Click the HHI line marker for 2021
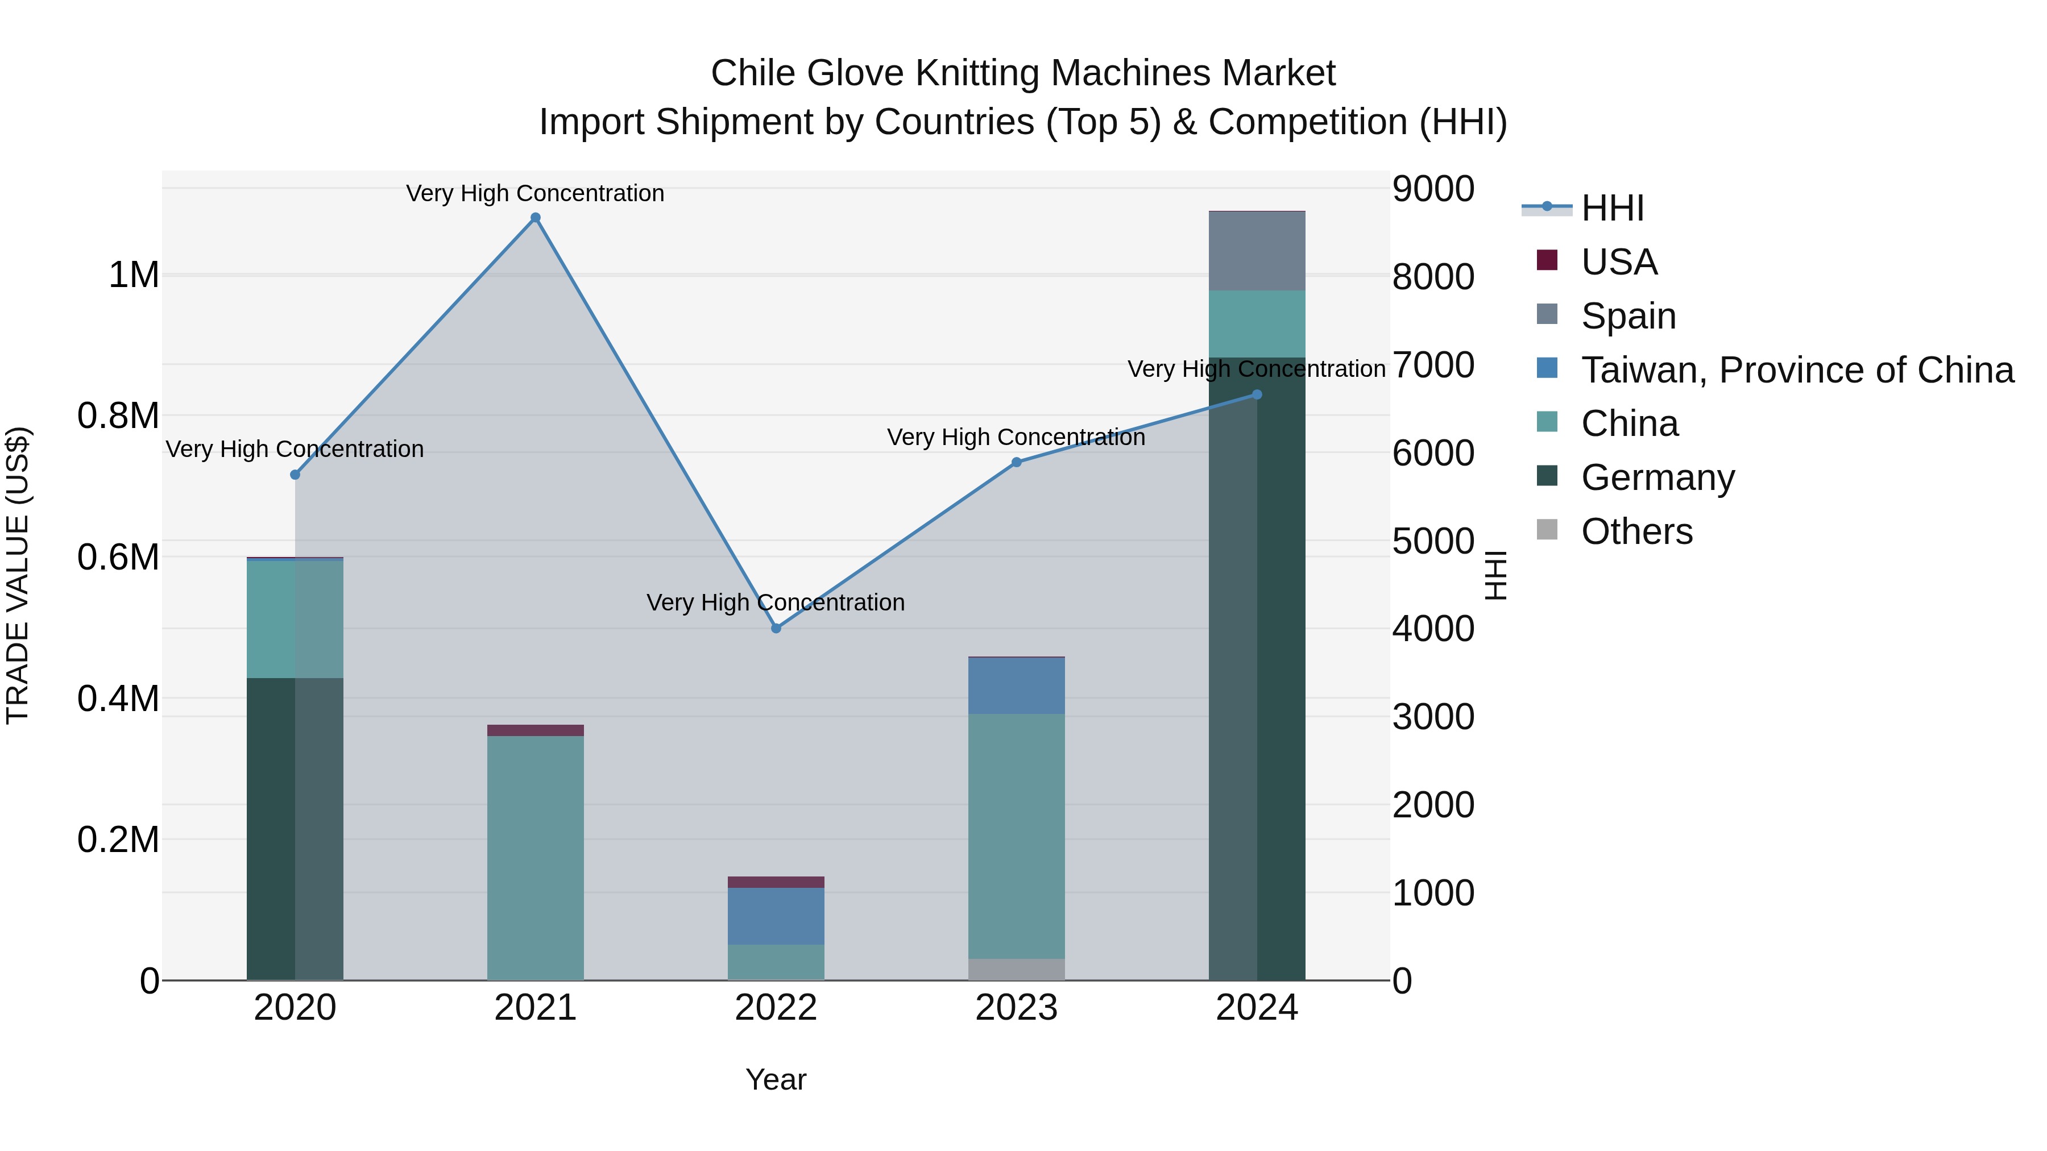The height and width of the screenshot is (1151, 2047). [x=536, y=218]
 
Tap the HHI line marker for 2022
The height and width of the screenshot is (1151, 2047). [x=776, y=628]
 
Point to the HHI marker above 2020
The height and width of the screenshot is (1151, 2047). [x=295, y=475]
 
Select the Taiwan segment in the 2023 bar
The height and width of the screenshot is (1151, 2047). [x=1016, y=685]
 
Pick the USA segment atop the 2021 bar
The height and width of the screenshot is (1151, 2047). [x=536, y=730]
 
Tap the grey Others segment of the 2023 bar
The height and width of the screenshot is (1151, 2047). [x=1016, y=969]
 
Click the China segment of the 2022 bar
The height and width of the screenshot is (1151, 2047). [x=776, y=962]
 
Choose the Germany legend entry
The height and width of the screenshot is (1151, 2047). [x=1658, y=477]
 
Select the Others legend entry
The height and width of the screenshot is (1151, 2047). [x=1637, y=531]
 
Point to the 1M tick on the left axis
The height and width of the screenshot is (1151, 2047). [x=134, y=276]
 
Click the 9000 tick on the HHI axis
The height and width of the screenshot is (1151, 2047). [x=1433, y=189]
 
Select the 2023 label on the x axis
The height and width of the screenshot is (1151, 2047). [x=1016, y=1008]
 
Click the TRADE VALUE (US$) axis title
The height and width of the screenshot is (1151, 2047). [x=18, y=575]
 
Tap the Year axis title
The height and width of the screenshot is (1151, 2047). [x=776, y=1079]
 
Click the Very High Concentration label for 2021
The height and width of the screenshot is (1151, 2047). [x=535, y=193]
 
